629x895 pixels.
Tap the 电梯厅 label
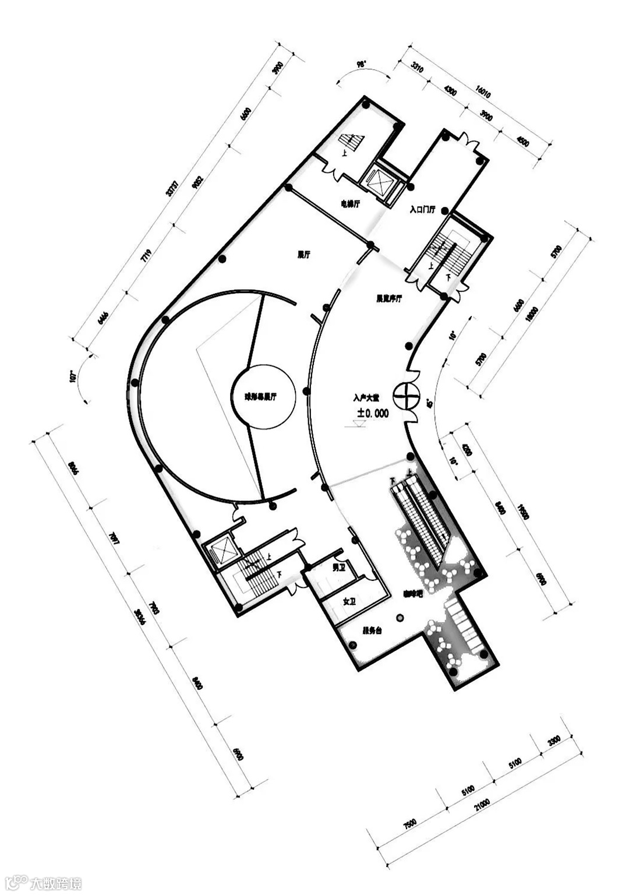pyautogui.click(x=350, y=204)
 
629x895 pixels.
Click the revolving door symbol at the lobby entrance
pyautogui.click(x=406, y=396)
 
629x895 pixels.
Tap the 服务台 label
pyautogui.click(x=372, y=630)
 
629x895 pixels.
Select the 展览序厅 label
pyautogui.click(x=388, y=299)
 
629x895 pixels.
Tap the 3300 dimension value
pyautogui.click(x=554, y=741)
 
